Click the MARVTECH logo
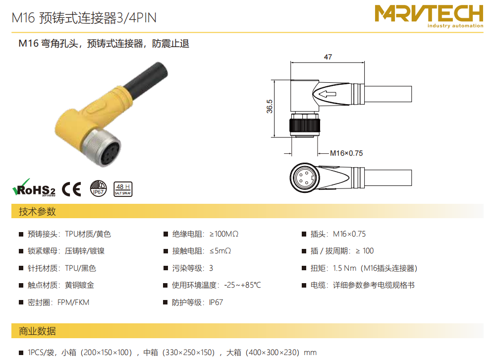(x=429, y=16)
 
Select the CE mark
(x=71, y=189)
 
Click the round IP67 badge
(x=98, y=188)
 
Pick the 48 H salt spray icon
(x=123, y=189)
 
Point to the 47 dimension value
(x=328, y=57)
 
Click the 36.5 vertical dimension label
(x=269, y=107)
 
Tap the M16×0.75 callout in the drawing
(x=346, y=153)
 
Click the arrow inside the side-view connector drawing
(x=327, y=94)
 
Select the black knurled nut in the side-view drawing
(x=305, y=125)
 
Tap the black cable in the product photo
(x=146, y=80)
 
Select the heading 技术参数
(x=37, y=211)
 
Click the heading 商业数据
(x=37, y=331)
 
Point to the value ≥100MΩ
(x=224, y=234)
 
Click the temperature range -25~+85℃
(x=242, y=285)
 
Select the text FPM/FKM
(x=73, y=302)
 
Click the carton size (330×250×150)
(x=188, y=353)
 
